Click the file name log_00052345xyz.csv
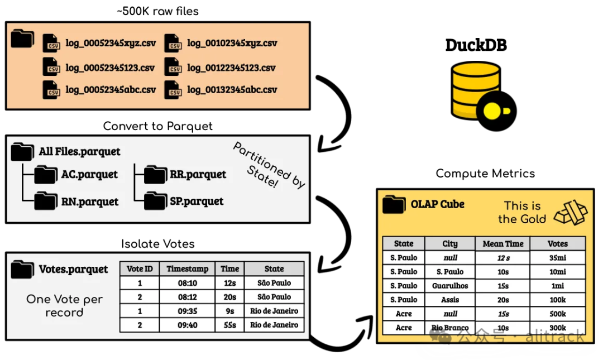[x=111, y=43]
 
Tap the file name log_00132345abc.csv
[x=232, y=89]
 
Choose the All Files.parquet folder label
[x=79, y=151]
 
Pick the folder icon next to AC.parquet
[x=45, y=175]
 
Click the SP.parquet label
[x=197, y=201]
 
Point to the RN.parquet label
[x=90, y=201]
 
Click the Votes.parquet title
[x=73, y=269]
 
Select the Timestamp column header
[x=187, y=268]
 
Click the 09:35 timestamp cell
[x=187, y=311]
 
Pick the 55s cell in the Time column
[x=229, y=325]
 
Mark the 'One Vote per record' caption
[x=64, y=306]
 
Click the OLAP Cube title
[x=437, y=204]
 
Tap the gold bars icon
[x=570, y=212]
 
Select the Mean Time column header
[x=502, y=243]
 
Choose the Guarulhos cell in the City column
[x=450, y=286]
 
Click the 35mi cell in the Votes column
[x=557, y=258]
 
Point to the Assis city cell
[x=450, y=300]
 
